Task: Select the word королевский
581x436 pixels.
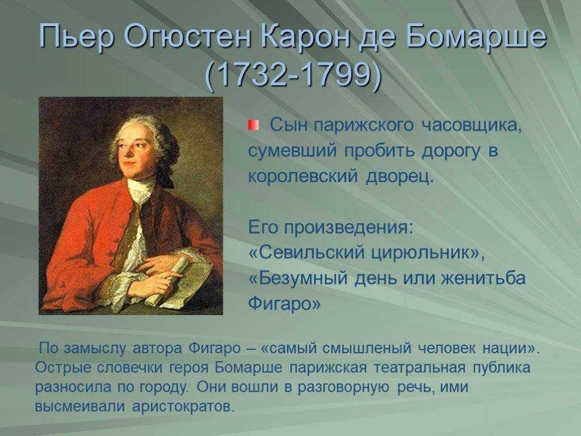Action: (x=303, y=176)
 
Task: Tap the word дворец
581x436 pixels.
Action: (x=400, y=177)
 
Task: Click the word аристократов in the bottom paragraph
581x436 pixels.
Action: (x=184, y=406)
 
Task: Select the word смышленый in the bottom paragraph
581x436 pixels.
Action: (x=367, y=348)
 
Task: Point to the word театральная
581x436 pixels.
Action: (x=419, y=367)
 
